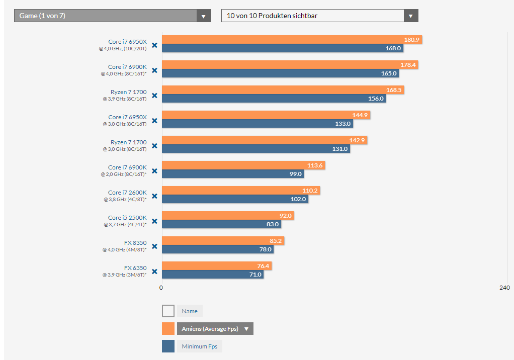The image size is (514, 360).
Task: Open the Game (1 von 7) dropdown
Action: [112, 16]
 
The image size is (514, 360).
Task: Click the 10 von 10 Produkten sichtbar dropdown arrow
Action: [411, 16]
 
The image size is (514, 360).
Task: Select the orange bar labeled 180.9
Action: [282, 40]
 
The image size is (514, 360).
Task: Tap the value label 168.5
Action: [393, 90]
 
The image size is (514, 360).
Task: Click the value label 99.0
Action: [295, 174]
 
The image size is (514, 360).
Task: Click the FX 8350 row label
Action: [135, 243]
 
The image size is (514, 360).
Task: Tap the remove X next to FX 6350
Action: [154, 272]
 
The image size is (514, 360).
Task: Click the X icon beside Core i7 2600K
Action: [154, 196]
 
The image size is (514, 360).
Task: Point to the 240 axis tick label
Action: [504, 288]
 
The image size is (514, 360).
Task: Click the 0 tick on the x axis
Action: [161, 288]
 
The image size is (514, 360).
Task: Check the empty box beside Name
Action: [168, 311]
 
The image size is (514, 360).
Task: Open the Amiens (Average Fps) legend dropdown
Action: [215, 329]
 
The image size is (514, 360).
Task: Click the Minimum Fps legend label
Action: [199, 346]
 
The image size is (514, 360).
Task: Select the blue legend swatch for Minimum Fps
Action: [168, 346]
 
